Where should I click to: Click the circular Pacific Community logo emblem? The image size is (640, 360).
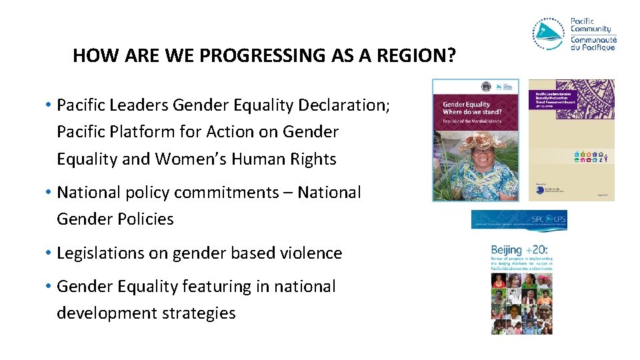click(x=548, y=34)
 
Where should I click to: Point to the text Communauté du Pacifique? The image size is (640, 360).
click(x=593, y=44)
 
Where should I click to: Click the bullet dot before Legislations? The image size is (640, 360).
click(x=49, y=253)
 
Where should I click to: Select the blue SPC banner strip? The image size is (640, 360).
click(x=519, y=221)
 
